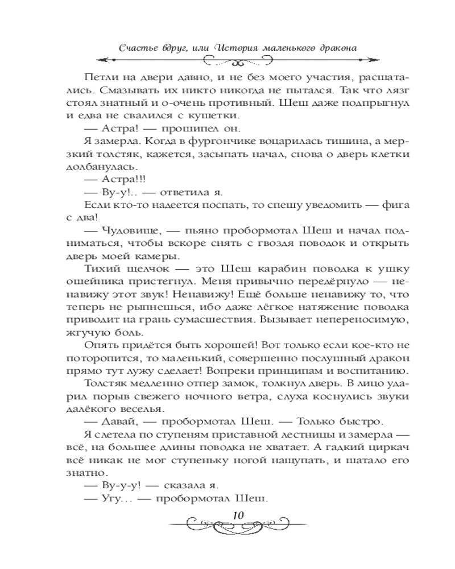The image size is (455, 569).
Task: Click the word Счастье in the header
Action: tap(137, 47)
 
